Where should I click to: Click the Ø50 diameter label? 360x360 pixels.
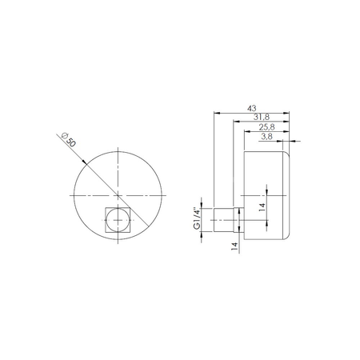[70, 141]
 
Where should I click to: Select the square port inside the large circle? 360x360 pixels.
[118, 218]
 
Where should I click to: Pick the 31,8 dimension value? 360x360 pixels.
[261, 118]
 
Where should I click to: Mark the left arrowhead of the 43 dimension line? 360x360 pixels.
[216, 113]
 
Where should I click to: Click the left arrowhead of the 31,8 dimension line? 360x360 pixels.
[234, 122]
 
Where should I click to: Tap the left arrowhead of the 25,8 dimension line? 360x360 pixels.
[245, 132]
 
